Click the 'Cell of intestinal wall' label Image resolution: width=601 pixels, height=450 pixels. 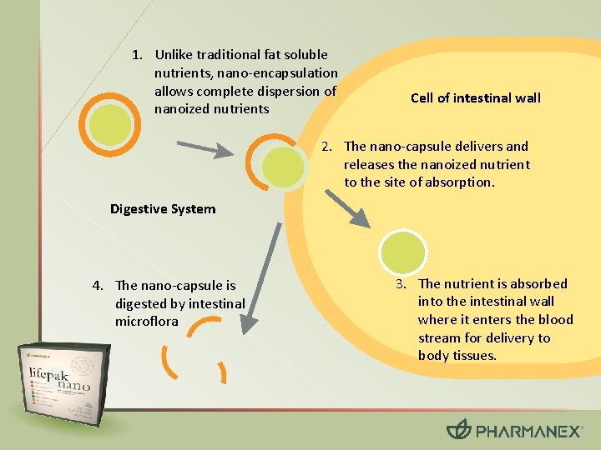click(x=475, y=98)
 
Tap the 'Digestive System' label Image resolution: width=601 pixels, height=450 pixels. click(x=163, y=209)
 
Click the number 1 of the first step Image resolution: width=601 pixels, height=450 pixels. click(x=137, y=55)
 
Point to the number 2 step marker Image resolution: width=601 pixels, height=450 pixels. click(x=328, y=147)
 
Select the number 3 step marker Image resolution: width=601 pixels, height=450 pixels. click(x=402, y=283)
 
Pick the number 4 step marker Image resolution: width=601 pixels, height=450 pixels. click(x=98, y=286)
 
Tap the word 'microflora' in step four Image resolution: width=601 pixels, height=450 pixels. click(x=147, y=322)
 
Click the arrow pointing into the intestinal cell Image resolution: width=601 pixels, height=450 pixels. click(x=348, y=204)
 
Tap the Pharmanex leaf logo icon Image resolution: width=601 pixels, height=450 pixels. click(x=459, y=429)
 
